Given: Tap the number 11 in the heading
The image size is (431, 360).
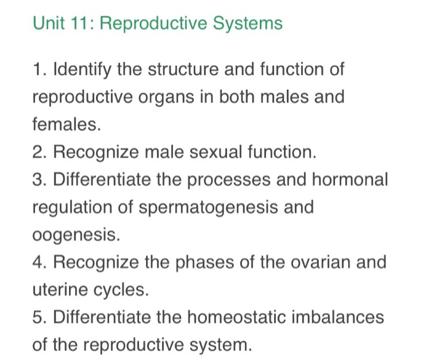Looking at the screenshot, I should [80, 24].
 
